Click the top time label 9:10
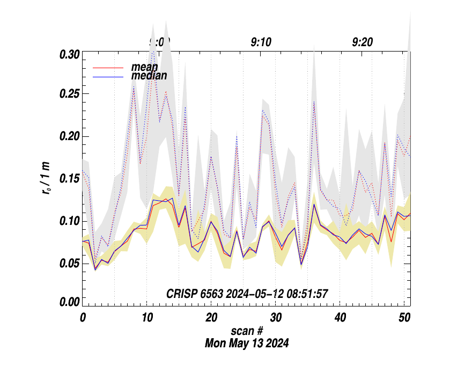[x=261, y=42]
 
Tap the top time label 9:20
[x=363, y=42]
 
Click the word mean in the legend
[x=144, y=68]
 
